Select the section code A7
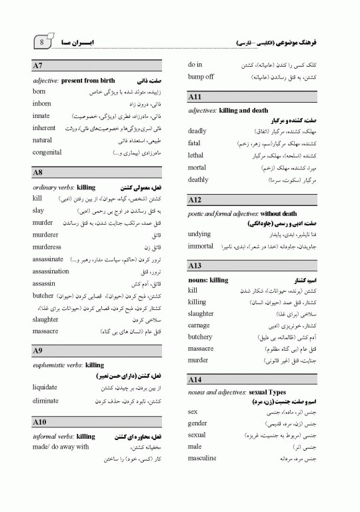tap(38, 66)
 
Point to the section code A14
tap(195, 379)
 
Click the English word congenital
tap(47, 153)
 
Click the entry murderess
tap(47, 247)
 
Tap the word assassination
tap(51, 271)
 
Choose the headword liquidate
tap(45, 387)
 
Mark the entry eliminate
tap(45, 401)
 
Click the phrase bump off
tap(201, 77)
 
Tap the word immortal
tap(201, 247)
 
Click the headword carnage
tap(199, 325)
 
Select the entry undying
tap(199, 235)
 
